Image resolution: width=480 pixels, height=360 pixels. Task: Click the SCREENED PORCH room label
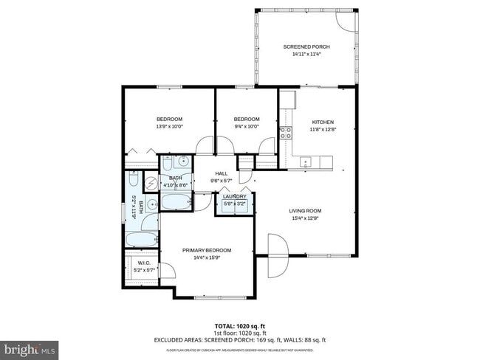306,46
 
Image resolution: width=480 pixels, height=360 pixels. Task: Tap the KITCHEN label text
322,122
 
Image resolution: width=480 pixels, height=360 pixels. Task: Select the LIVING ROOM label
305,210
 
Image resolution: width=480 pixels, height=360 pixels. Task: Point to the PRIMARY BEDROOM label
207,249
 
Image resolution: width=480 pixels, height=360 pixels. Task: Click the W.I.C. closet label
144,263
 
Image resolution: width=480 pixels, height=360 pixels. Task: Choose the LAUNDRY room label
235,196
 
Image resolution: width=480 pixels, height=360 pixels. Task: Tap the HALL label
222,173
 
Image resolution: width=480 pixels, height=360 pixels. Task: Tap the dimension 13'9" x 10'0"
169,126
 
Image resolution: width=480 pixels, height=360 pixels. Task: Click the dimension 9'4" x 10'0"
247,126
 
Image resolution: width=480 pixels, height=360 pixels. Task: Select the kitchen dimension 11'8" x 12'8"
322,129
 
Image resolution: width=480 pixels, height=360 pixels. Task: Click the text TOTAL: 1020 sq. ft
240,325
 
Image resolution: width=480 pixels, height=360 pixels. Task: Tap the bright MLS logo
30,347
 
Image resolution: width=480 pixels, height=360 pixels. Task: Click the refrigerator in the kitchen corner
287,100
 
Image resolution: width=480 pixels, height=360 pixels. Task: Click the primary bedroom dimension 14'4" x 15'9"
207,257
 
